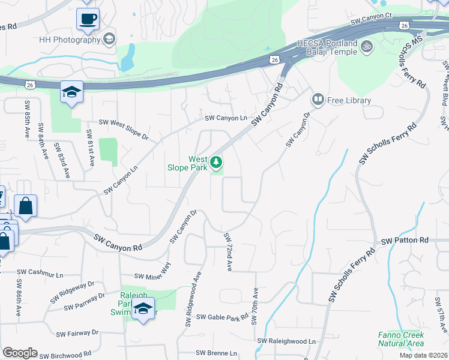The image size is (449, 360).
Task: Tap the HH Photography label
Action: point(68,40)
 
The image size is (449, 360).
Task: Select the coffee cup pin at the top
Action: point(88,19)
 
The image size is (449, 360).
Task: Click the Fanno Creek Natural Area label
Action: point(401,339)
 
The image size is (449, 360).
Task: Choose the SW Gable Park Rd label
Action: point(223,317)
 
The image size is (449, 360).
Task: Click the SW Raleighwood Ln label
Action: point(286,341)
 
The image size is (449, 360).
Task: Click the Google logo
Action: point(20,353)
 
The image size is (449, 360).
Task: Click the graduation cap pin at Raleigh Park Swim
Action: point(143,310)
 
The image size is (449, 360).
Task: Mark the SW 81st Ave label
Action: point(91,147)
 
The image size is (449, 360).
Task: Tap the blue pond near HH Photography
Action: point(127,58)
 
